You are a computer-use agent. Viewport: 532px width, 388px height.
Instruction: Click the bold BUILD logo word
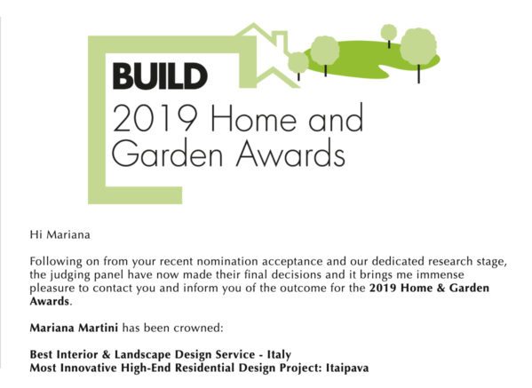point(160,76)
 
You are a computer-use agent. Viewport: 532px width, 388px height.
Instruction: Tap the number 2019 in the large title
point(155,118)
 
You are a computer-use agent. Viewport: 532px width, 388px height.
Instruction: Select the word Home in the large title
point(256,118)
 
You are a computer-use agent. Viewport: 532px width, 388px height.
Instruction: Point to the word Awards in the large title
point(290,153)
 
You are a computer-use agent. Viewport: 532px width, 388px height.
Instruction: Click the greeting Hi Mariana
point(60,234)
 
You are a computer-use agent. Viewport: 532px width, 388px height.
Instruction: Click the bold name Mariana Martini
point(74,328)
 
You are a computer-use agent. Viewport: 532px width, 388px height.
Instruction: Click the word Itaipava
point(347,368)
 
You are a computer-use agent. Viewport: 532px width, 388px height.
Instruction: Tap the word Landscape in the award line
point(142,355)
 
